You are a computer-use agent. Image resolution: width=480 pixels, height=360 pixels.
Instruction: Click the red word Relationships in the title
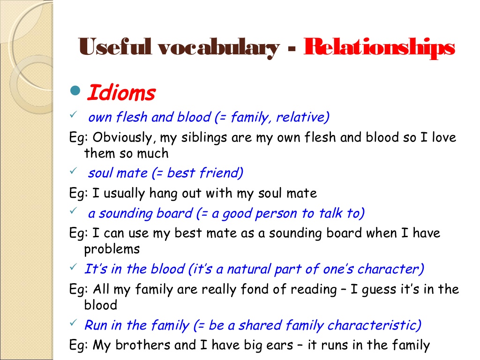(379, 48)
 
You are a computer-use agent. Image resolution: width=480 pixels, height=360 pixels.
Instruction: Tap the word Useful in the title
(115, 46)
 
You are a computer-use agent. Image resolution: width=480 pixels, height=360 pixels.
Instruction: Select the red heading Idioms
(121, 92)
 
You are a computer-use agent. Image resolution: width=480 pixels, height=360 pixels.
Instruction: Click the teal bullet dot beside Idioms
(75, 90)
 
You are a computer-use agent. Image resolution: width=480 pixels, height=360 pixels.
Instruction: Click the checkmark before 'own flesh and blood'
(73, 114)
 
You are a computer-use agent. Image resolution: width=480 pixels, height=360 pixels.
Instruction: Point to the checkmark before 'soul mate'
(73, 171)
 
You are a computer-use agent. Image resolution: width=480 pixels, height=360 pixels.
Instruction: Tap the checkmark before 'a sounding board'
(73, 210)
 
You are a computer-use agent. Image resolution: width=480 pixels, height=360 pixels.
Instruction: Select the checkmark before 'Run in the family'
(73, 322)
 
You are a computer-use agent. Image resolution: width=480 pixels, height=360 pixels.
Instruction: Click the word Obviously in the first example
(122, 137)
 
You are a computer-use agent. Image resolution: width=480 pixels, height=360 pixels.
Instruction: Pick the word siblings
(204, 137)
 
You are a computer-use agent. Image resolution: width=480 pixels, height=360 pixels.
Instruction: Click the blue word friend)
(221, 173)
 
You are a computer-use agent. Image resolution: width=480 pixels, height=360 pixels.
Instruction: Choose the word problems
(112, 249)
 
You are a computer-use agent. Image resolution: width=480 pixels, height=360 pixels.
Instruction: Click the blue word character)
(390, 269)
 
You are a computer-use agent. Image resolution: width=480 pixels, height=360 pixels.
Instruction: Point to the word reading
(314, 289)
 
